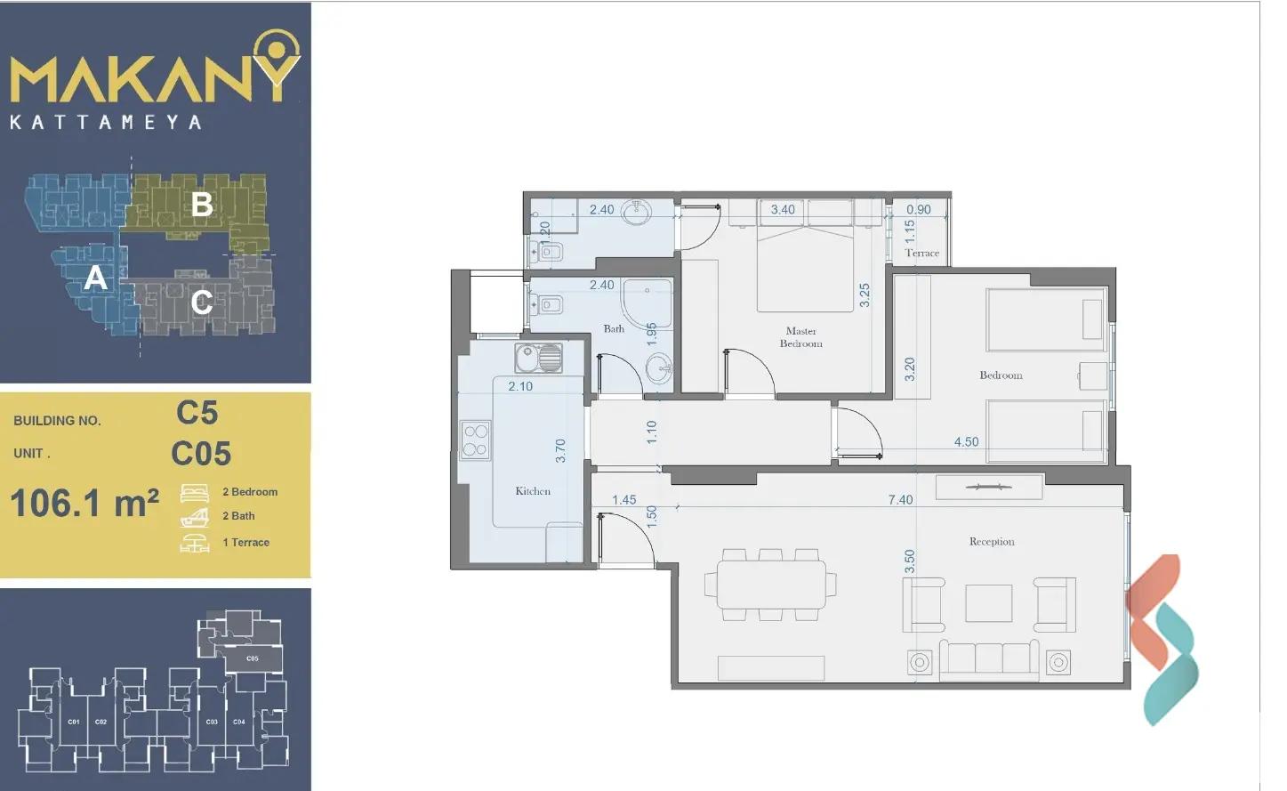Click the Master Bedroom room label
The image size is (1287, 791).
click(x=800, y=337)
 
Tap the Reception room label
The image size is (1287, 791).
click(x=991, y=541)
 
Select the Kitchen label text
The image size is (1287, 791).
click(x=533, y=491)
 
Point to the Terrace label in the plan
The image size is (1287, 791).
click(x=921, y=253)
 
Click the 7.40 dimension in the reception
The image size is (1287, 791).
click(x=900, y=500)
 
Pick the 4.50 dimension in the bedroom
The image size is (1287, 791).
click(x=966, y=442)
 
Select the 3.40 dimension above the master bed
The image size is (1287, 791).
click(x=783, y=210)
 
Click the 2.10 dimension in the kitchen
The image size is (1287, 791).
click(x=520, y=386)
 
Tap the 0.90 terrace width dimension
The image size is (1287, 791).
click(x=918, y=210)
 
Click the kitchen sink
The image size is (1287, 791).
click(x=538, y=359)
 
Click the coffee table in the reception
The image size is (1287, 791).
click(x=988, y=603)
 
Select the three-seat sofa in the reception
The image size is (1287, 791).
click(x=988, y=658)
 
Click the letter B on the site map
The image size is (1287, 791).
click(x=202, y=205)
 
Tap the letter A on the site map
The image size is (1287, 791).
click(x=95, y=278)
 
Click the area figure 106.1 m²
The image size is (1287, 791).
click(x=84, y=504)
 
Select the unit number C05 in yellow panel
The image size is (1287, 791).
click(x=201, y=454)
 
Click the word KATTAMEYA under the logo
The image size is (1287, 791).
click(x=106, y=122)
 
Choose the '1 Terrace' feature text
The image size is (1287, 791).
click(x=245, y=542)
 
